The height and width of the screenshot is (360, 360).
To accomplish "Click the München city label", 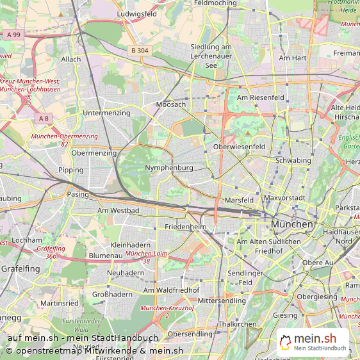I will coord(292,225).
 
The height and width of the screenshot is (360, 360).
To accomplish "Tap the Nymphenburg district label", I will coord(169,168).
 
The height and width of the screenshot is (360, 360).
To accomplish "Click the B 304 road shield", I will coord(138,50).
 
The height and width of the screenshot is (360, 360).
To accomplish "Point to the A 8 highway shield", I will coord(43,119).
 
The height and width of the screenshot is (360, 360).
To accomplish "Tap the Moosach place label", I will coord(171,104).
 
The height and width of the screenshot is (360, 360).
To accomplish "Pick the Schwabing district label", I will coord(293,160).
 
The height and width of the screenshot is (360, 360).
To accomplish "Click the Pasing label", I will coord(78,194).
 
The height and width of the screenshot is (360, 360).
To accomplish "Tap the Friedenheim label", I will coord(185,227).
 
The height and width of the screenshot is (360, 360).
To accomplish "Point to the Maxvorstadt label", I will coord(284,198).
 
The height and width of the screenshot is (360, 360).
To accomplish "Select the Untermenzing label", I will coord(106,113).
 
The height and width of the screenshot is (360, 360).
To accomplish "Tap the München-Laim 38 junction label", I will coord(147,258).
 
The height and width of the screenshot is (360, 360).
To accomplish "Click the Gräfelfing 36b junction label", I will coord(51,252).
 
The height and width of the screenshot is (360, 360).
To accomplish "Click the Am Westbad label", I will coord(118,210).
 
